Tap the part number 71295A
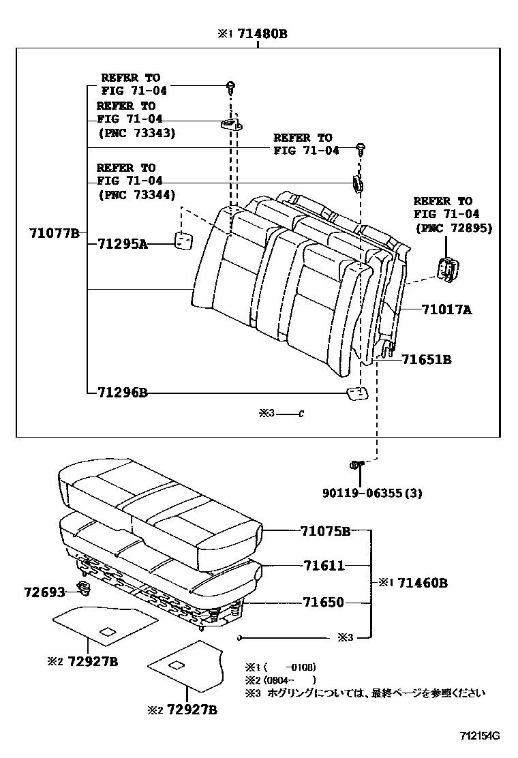tap(123, 243)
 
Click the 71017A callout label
tap(446, 310)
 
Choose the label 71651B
tap(426, 359)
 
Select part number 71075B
tap(325, 531)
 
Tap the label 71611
tap(324, 566)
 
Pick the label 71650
tap(324, 603)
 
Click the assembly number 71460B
tap(423, 583)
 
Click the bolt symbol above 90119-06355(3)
tap(356, 465)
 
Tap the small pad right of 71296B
tap(356, 393)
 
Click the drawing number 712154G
tap(480, 736)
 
